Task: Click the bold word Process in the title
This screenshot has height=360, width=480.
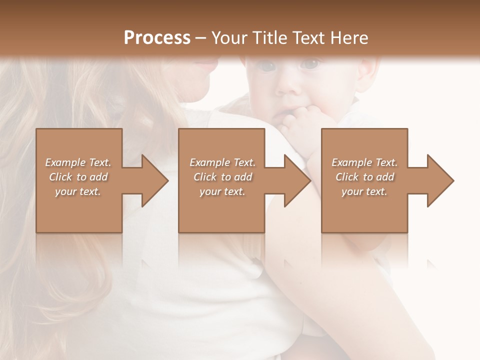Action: [157, 38]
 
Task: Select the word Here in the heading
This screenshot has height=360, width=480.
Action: [349, 38]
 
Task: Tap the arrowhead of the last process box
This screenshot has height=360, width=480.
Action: [439, 180]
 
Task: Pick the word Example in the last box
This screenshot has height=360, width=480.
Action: [351, 162]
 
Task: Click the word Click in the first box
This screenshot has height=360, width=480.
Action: [60, 177]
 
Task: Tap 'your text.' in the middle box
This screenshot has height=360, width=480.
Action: [222, 191]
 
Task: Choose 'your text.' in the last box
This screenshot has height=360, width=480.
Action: [364, 191]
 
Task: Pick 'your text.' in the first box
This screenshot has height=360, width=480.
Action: [78, 191]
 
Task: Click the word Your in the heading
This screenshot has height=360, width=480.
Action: [228, 38]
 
